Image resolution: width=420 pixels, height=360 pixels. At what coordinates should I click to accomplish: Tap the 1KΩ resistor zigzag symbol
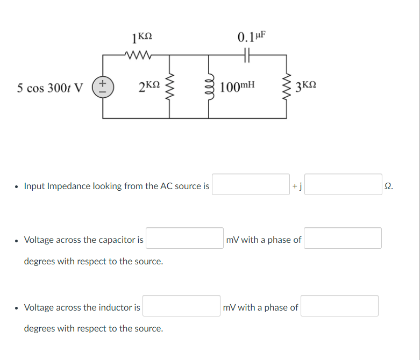coord(139,54)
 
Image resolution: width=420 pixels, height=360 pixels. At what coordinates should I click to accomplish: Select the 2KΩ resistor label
coord(149,86)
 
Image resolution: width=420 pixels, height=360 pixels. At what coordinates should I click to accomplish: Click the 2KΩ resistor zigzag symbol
coord(172,86)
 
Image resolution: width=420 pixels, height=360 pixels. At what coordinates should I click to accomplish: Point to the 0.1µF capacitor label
coord(251,37)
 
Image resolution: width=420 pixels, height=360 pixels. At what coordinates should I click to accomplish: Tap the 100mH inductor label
coord(237,86)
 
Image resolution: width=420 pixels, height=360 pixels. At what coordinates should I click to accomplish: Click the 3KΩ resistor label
coord(306,86)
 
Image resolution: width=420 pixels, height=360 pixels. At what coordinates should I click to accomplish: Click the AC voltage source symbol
coord(102,87)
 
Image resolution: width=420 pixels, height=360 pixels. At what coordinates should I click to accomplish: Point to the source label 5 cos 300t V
coord(50,87)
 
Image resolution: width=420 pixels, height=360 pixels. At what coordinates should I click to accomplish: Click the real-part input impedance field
coord(251,184)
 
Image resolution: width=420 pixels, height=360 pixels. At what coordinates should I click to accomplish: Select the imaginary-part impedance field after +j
coord(344,184)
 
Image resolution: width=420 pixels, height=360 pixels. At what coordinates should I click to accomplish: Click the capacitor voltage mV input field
coord(184,238)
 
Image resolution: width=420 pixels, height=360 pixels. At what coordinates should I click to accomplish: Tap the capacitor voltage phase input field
coord(343,238)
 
